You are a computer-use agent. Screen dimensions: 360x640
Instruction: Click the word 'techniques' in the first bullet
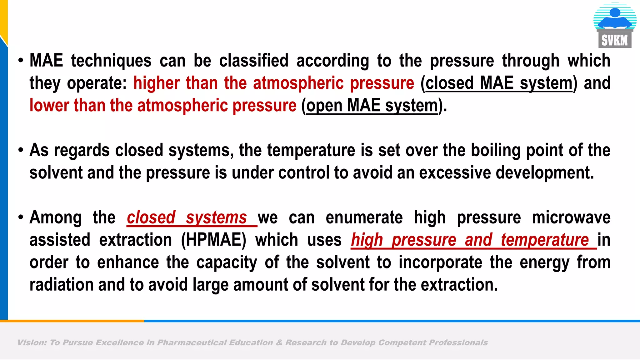[x=111, y=61]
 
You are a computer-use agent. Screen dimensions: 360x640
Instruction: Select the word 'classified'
[x=253, y=61]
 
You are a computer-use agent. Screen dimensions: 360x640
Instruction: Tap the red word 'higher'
[x=156, y=83]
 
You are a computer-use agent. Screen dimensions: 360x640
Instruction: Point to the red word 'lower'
[x=49, y=105]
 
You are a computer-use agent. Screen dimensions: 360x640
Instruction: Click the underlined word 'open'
[x=324, y=106]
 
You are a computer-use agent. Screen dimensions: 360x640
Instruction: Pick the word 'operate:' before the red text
[x=97, y=83]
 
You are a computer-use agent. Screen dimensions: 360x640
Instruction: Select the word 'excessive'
[x=455, y=172]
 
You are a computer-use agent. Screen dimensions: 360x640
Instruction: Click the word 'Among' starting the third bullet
[x=56, y=217]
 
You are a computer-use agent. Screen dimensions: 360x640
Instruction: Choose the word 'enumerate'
[x=364, y=217]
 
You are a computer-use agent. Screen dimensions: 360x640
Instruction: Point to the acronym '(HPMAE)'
[x=214, y=240]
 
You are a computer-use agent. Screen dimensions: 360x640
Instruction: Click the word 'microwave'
[x=571, y=217]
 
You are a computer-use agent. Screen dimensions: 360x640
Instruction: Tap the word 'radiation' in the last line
[x=61, y=285]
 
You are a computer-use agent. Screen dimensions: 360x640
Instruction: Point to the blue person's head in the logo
[x=615, y=12]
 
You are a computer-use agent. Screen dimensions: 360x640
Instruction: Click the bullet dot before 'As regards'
[x=21, y=150]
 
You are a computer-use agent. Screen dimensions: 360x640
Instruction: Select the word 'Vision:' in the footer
[x=32, y=343]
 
